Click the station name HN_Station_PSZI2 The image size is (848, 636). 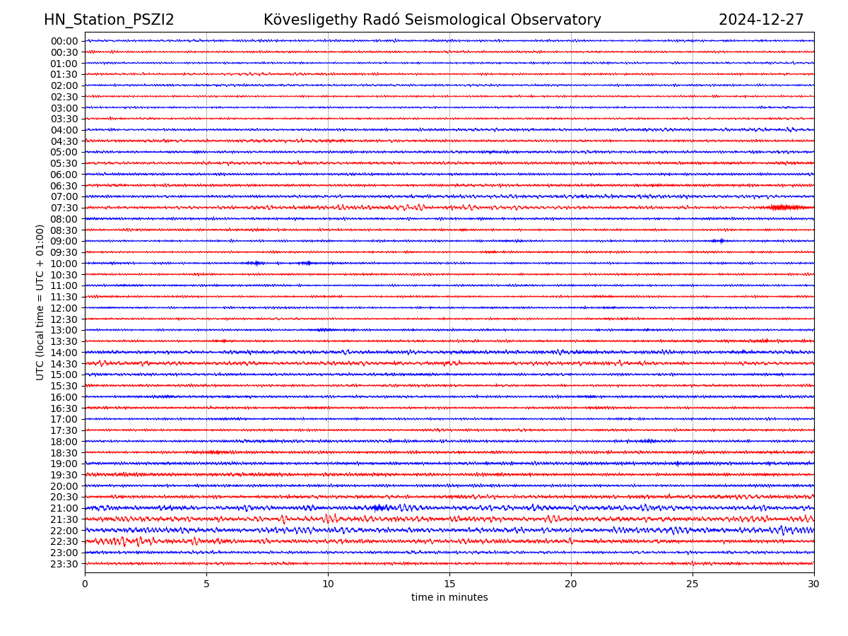point(109,20)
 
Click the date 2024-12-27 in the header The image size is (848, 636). point(761,20)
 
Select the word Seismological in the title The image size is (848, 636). point(457,20)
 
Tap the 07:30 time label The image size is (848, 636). point(64,208)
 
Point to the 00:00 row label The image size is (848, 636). point(64,41)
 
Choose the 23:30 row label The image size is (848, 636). point(64,564)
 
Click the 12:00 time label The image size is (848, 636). point(64,308)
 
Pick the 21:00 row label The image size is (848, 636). point(64,508)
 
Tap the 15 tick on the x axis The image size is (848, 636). point(449,584)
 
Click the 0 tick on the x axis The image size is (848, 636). point(85,584)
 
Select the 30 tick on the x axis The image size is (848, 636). point(814,584)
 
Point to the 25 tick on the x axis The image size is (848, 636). point(693,584)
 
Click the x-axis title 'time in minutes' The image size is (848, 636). point(449,598)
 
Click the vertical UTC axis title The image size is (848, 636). point(40,302)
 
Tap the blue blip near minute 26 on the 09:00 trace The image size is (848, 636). point(719,241)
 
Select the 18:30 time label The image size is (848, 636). point(64,453)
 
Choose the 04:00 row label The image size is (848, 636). point(64,130)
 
